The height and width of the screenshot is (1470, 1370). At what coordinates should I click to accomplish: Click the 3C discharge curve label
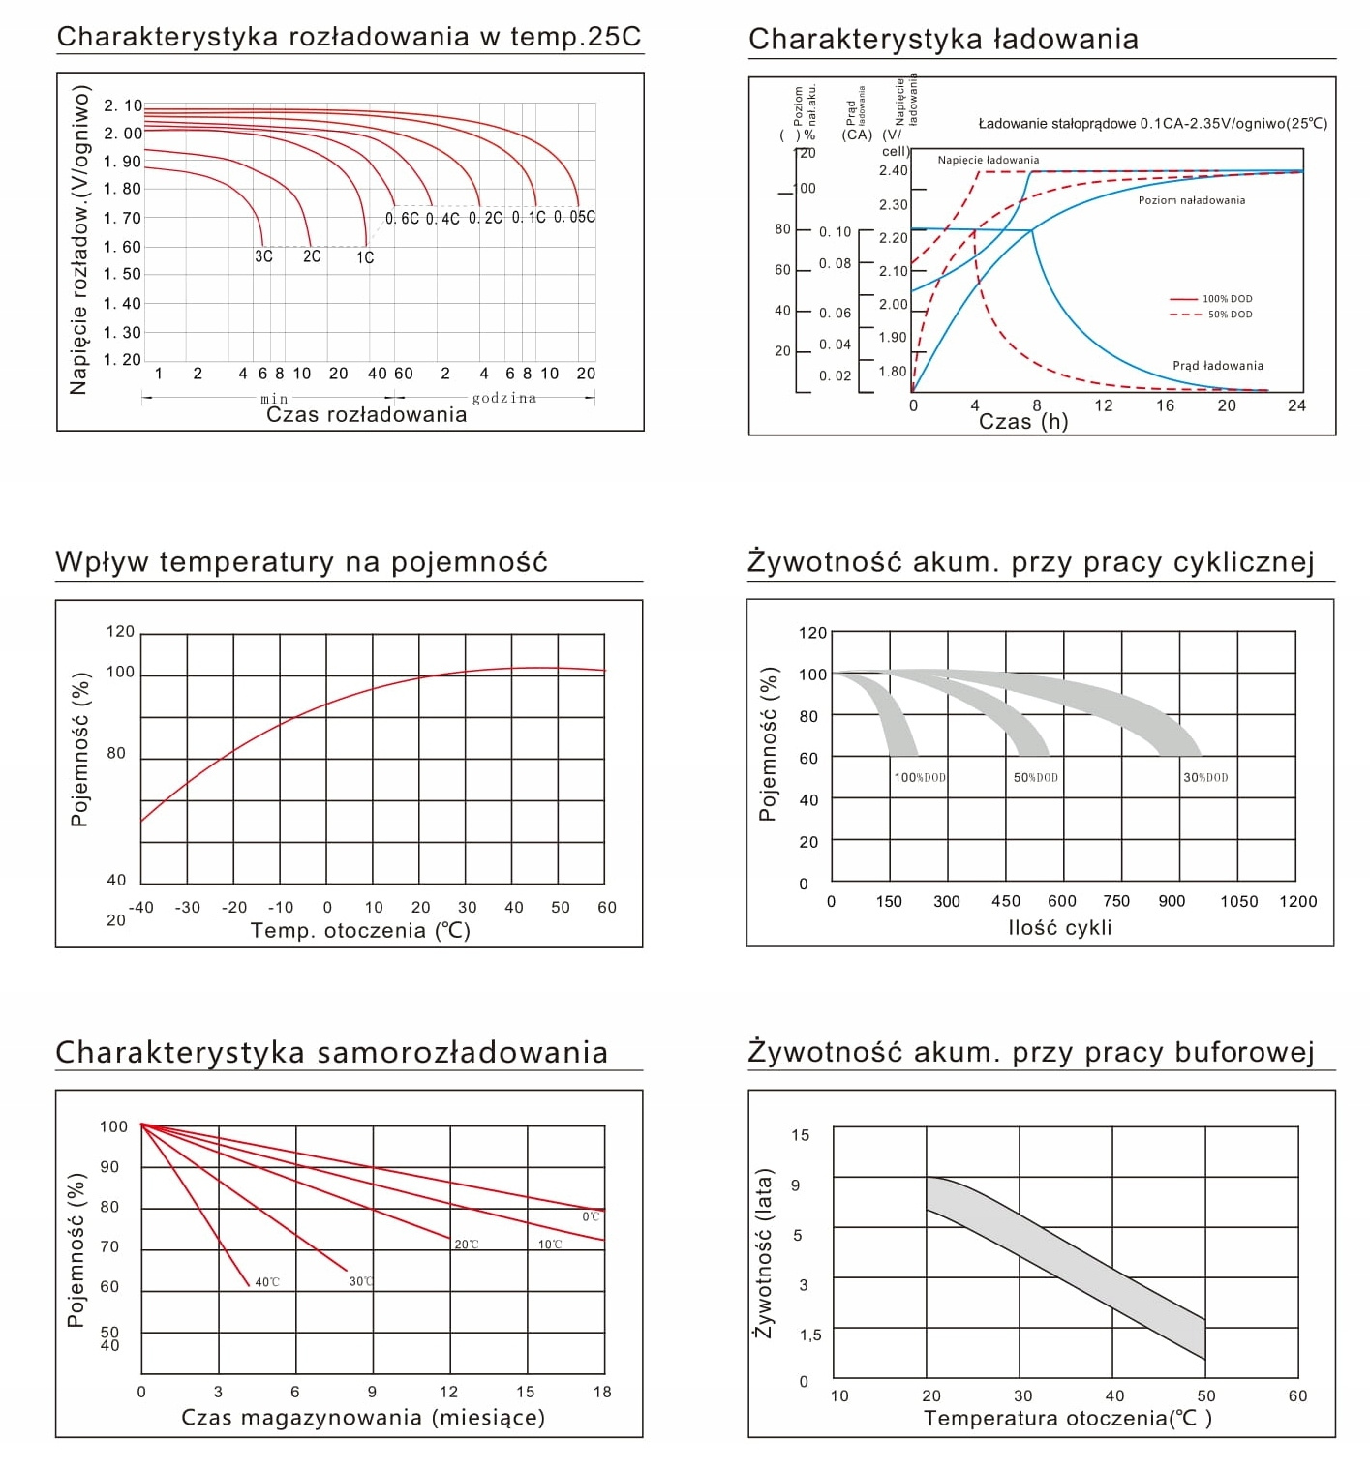[x=263, y=256]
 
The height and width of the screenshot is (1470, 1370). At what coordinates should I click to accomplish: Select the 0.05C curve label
[x=574, y=217]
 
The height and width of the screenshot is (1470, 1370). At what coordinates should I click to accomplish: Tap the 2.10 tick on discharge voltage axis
[x=123, y=105]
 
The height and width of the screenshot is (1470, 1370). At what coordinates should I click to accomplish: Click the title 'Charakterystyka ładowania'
[x=943, y=39]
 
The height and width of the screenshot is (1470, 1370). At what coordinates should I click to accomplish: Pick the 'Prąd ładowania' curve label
[x=1217, y=366]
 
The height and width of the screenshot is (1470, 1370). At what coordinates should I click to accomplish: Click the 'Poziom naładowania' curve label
[x=1191, y=200]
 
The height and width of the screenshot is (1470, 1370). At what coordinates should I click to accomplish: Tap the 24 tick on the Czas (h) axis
[x=1296, y=405]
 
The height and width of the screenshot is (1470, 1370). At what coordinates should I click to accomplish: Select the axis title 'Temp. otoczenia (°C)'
[x=360, y=930]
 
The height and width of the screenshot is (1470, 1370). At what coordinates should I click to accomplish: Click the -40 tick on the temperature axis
[x=141, y=907]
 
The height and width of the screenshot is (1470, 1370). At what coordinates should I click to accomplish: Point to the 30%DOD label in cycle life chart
[x=1205, y=777]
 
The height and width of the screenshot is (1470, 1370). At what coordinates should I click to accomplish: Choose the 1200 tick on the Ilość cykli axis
[x=1297, y=901]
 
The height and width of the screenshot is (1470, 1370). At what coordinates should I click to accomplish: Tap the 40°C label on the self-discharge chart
[x=267, y=1282]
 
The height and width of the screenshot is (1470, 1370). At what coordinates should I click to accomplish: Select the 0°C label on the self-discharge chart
[x=591, y=1216]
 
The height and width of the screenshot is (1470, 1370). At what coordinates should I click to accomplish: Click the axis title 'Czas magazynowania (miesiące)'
[x=363, y=1417]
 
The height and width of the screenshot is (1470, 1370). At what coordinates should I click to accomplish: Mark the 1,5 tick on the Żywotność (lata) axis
[x=810, y=1335]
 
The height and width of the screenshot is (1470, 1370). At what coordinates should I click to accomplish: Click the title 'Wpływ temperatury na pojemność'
[x=301, y=561]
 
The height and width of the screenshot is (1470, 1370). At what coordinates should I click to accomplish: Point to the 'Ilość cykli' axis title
[x=1059, y=927]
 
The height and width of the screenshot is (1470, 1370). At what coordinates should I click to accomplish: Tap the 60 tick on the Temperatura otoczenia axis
[x=1297, y=1395]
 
